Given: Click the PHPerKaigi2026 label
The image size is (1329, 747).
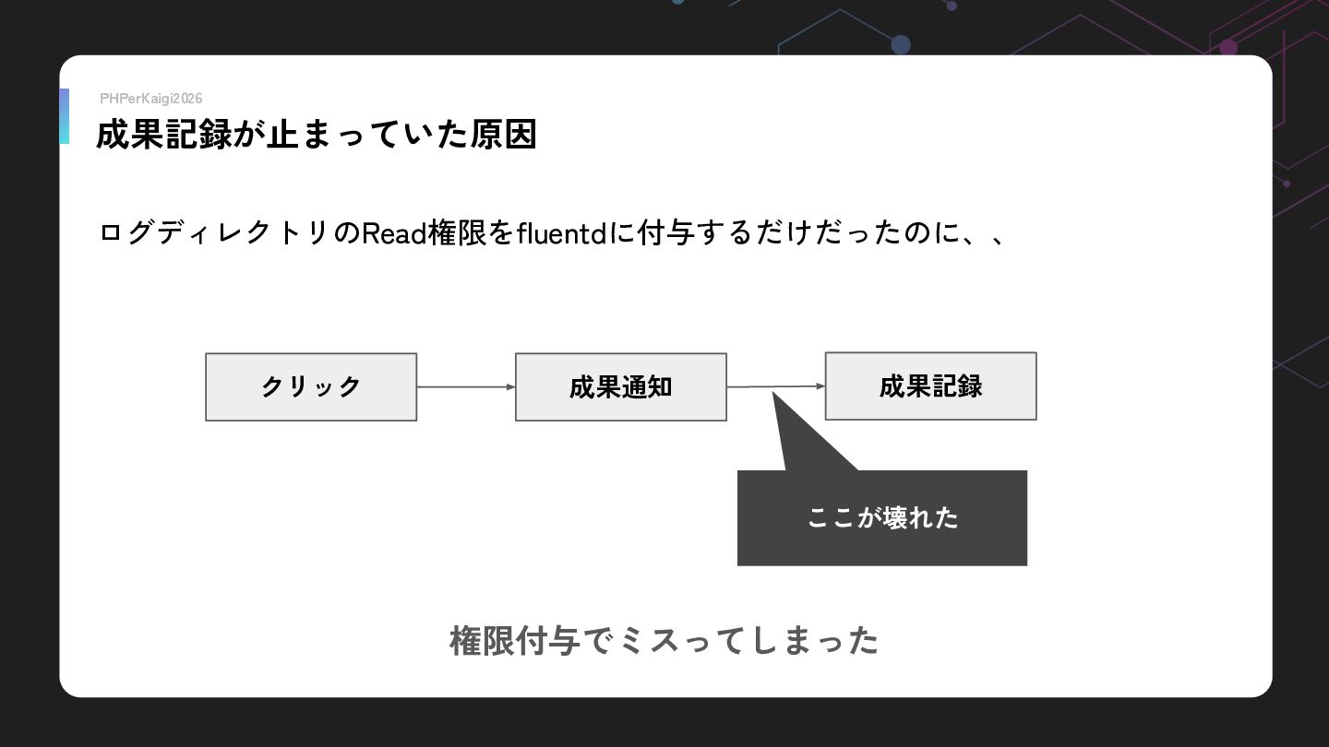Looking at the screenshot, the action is click(150, 99).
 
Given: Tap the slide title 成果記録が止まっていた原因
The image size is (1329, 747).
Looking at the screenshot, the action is click(316, 136).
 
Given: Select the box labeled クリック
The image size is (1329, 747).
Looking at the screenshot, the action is click(311, 387).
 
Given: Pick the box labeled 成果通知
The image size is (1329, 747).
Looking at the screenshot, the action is click(620, 387).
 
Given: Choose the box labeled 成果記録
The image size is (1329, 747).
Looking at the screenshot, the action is click(930, 386).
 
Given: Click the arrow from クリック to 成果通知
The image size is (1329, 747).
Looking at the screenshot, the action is click(465, 387).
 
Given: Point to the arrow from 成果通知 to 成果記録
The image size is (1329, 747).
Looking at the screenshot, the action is click(775, 386).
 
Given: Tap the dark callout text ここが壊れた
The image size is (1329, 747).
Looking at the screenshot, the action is click(882, 518).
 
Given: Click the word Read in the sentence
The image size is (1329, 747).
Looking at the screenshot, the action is click(394, 234).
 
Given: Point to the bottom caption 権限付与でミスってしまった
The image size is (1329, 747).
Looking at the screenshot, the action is click(664, 640).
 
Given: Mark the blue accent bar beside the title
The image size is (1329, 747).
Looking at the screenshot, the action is click(64, 116).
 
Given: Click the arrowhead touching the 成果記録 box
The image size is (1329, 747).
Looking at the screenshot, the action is click(820, 386).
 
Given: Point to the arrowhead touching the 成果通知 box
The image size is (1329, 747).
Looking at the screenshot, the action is click(510, 387).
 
